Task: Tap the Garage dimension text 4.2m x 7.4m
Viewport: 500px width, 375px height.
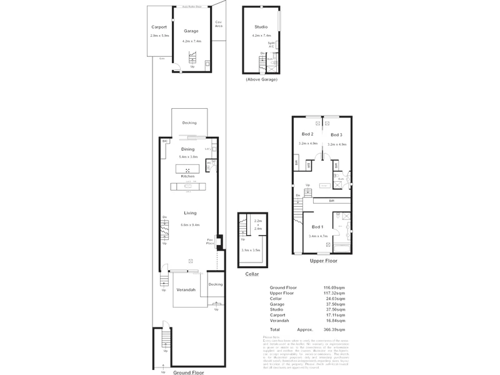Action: pos(191,41)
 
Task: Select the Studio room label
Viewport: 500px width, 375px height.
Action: pos(261,27)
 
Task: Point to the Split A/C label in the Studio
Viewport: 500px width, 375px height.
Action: pos(271,44)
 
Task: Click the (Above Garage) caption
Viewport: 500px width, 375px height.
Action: pos(262,79)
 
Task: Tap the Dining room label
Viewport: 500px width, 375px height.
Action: pos(187,149)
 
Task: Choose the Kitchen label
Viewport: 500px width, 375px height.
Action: pos(187,177)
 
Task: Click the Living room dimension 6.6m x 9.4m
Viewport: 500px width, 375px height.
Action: pos(189,224)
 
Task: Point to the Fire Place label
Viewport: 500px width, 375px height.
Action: pos(211,242)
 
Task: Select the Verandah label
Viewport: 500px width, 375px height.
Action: pos(186,290)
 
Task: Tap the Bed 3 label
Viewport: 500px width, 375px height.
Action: pos(336,135)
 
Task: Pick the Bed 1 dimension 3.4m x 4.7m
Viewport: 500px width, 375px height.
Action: pos(317,236)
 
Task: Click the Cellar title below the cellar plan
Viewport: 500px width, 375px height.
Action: pos(252,274)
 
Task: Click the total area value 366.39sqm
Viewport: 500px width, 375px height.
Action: pos(334,329)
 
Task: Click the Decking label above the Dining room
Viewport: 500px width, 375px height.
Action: pos(189,123)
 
